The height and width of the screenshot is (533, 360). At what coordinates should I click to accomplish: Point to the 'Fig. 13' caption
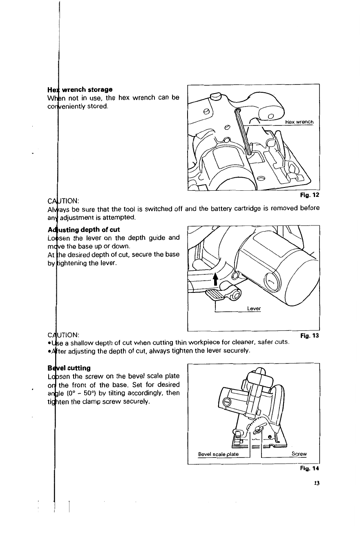click(309, 336)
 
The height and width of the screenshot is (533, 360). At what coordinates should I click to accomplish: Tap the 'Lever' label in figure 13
click(254, 309)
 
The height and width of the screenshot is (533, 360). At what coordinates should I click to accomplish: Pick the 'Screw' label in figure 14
click(299, 454)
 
